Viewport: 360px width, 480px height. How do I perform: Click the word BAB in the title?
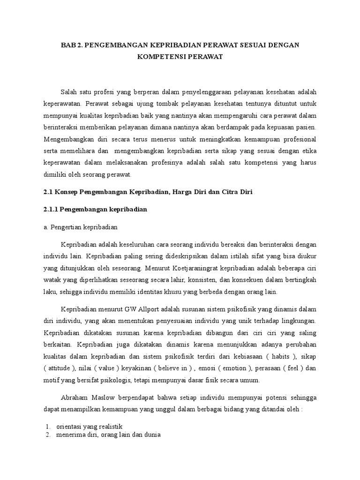coord(69,45)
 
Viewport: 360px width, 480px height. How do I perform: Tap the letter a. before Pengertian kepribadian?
coord(46,227)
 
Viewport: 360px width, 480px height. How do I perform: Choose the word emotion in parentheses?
coord(232,367)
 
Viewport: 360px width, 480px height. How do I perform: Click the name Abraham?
coord(75,397)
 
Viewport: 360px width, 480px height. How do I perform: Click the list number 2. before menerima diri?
coord(48,435)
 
